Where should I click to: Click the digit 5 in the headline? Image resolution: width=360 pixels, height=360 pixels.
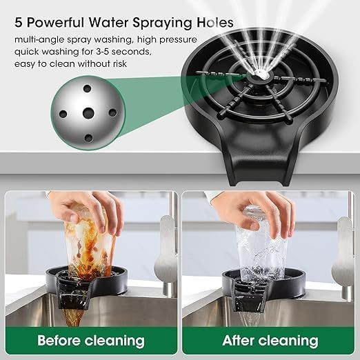pos(19,23)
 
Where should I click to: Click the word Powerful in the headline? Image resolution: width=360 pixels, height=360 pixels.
pos(55,23)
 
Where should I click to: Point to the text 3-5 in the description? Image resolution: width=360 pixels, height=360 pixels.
pos(101,51)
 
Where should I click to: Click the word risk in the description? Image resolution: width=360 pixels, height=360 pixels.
pos(120,63)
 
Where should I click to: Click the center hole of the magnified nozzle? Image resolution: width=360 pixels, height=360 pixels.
pos(88,113)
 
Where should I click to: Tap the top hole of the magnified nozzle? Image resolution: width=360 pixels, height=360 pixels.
pos(88,88)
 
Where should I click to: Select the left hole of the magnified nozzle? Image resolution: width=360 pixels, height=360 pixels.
pos(63,114)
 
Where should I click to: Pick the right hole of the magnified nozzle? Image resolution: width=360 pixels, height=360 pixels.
pos(112,112)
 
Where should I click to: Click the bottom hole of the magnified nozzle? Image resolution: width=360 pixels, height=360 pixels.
pos(88,138)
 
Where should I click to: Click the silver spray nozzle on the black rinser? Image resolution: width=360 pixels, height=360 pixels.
pos(261,74)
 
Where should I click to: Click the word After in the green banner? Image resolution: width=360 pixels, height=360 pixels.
pos(238,341)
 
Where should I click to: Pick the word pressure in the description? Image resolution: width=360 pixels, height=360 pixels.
pos(178,40)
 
